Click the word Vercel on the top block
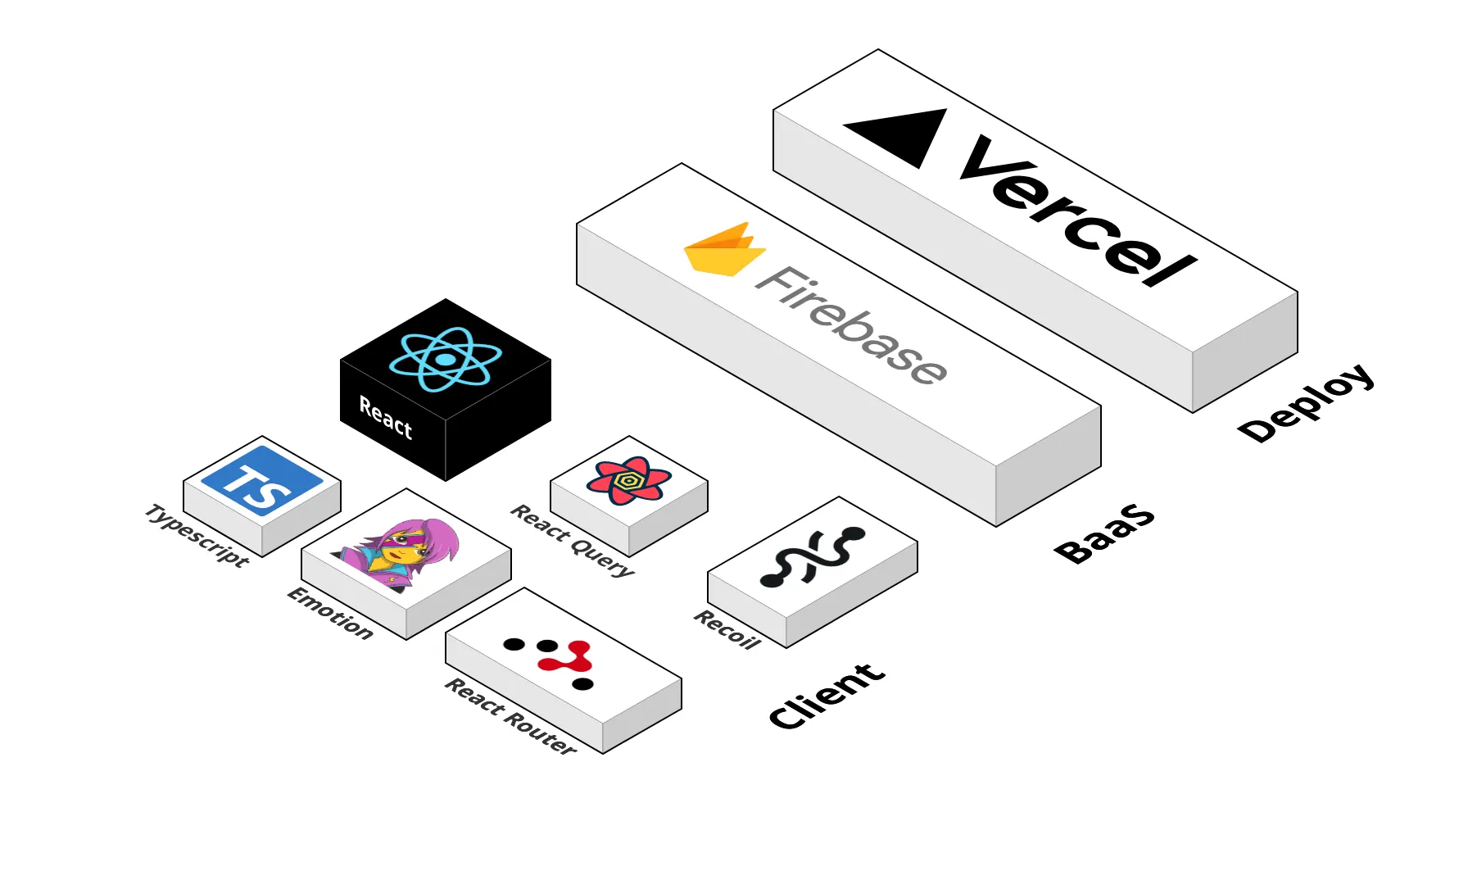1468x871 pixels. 1078,213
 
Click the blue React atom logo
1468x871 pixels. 445,359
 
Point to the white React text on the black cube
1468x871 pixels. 386,417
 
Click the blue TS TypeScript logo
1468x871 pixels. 262,482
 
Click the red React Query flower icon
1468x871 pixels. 628,481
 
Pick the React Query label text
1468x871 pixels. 573,540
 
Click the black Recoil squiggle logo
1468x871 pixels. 811,556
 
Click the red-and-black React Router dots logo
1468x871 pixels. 557,659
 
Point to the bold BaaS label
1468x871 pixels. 1104,533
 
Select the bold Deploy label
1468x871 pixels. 1306,402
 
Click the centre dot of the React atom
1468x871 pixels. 445,359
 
